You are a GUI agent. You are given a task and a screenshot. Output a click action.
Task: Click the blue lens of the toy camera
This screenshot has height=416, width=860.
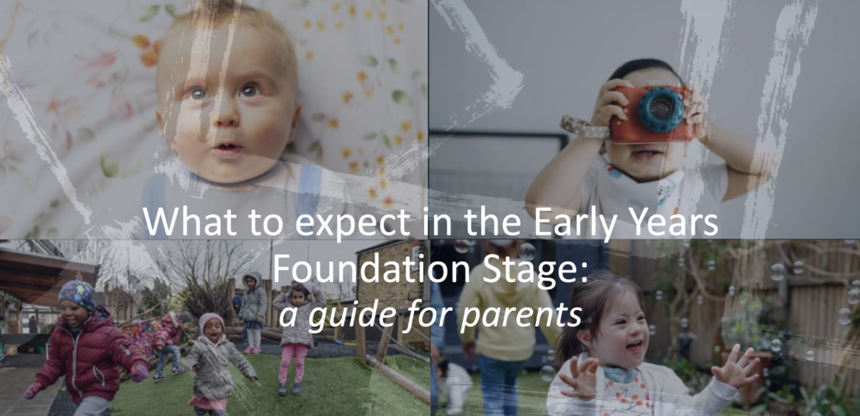pos(660,109)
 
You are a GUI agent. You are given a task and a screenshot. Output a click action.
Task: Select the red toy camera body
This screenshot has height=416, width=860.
pos(651,113)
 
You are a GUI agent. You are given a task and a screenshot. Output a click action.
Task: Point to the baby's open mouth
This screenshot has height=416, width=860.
pos(228,149)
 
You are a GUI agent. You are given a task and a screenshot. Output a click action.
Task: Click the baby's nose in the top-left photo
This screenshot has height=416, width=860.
pos(225,120)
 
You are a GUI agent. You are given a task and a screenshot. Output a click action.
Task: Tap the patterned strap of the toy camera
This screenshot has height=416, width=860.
pos(584,126)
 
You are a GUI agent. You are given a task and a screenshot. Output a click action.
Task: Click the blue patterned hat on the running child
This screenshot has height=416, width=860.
pos(77,295)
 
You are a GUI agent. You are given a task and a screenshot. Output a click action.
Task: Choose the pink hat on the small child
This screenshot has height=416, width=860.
pos(211,320)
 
